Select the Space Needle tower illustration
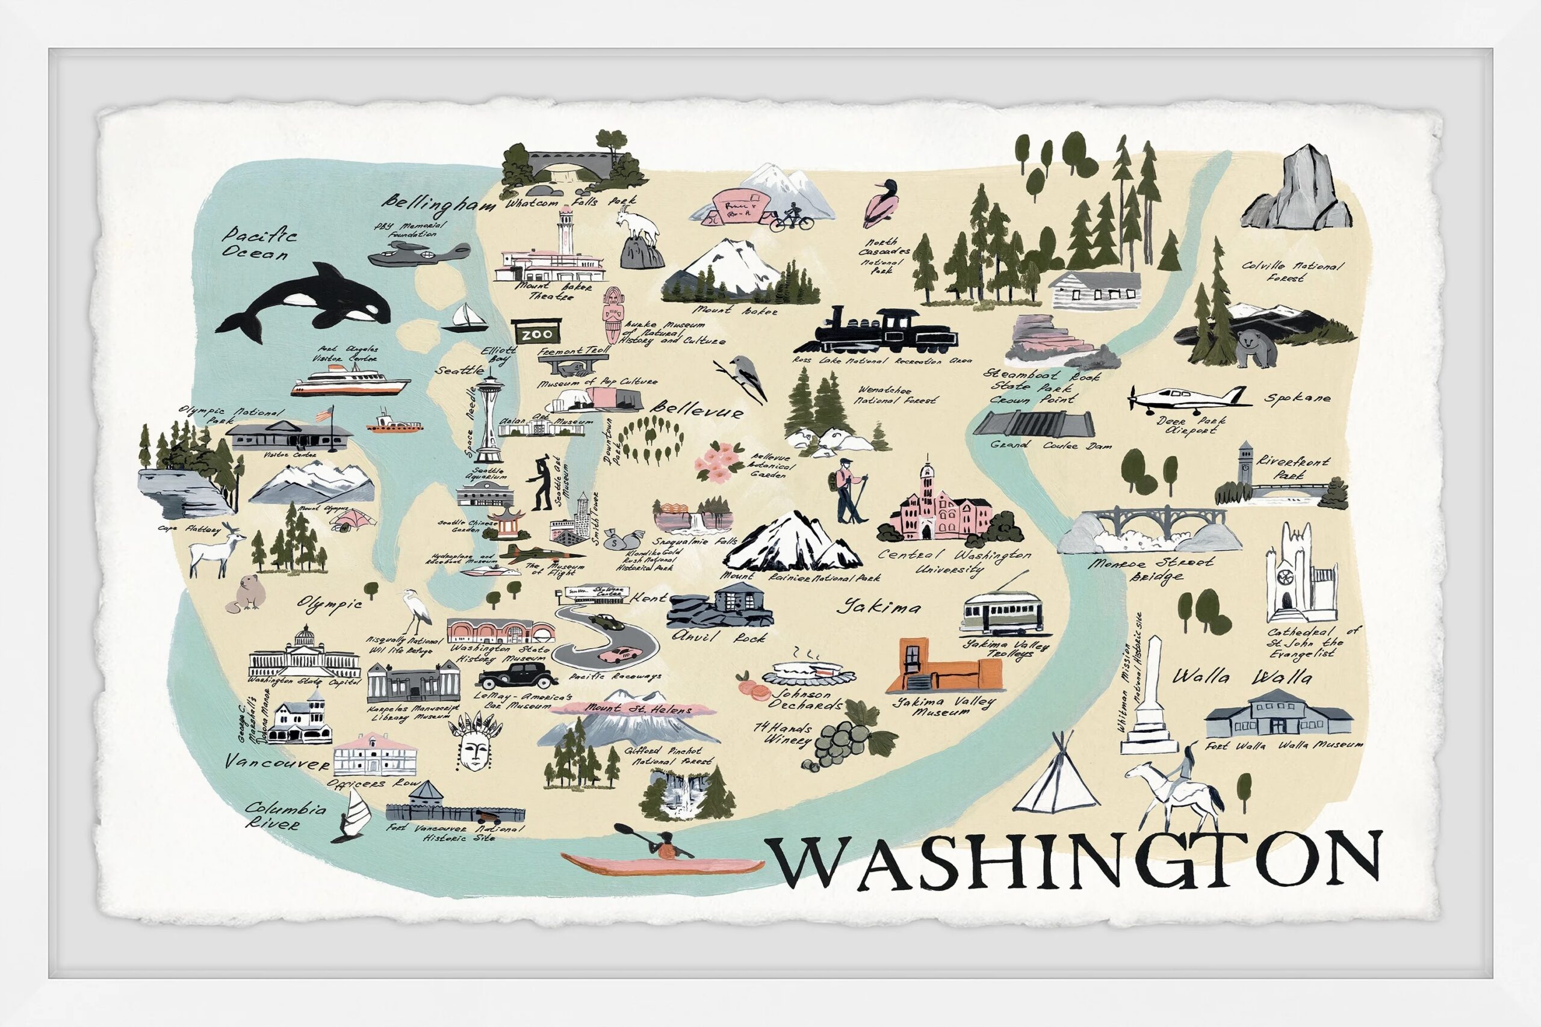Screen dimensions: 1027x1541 [x=488, y=419]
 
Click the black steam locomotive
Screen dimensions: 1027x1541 [x=878, y=332]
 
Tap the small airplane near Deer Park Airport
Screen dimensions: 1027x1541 [x=1186, y=398]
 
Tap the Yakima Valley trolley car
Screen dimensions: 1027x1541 [x=1002, y=612]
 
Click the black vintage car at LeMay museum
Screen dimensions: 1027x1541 [x=518, y=674]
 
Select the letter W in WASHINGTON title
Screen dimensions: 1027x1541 [x=813, y=865]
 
